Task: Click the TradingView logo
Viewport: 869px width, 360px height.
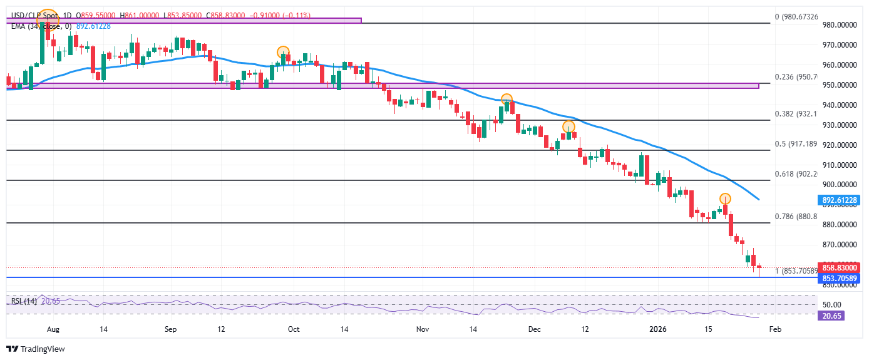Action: click(x=36, y=349)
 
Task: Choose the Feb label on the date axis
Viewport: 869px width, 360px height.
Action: click(x=775, y=329)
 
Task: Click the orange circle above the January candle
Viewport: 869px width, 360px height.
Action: click(x=725, y=198)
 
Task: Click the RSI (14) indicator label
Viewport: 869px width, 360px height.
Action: click(x=23, y=301)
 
